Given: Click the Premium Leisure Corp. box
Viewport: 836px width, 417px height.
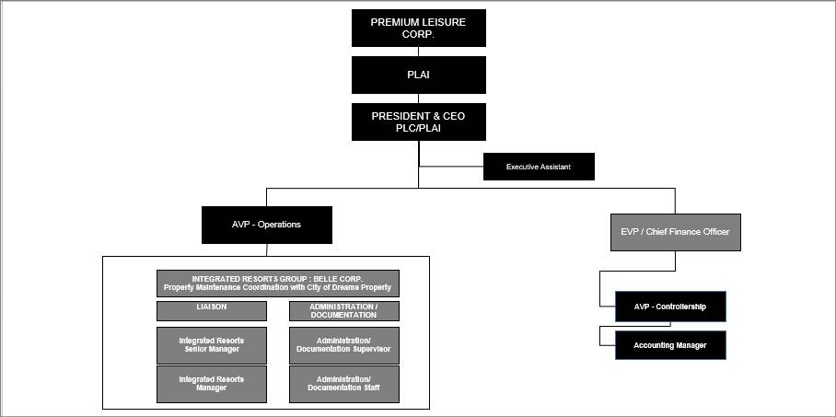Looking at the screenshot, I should [x=418, y=28].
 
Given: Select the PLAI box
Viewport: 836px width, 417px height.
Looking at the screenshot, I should [x=418, y=75].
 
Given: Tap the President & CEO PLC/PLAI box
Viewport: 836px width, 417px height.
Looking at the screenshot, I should [x=418, y=122].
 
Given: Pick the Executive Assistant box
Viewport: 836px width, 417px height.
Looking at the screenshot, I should [x=539, y=167].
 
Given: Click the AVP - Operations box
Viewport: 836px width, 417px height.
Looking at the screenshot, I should [x=266, y=225].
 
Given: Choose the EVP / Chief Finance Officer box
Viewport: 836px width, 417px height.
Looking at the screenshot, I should [x=675, y=232].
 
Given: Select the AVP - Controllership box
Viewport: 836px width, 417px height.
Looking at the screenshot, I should [x=670, y=307].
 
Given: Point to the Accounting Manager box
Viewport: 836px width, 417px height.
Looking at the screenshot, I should [x=670, y=345].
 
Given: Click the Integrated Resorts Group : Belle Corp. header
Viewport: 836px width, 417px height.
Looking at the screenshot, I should [x=277, y=283].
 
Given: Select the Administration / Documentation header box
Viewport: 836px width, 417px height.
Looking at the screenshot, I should [x=343, y=310].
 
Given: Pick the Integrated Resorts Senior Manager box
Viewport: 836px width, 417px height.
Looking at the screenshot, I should [x=212, y=345].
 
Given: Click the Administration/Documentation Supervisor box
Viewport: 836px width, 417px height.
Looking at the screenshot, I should [x=343, y=345].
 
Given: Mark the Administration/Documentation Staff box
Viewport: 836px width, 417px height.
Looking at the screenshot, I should [x=343, y=384].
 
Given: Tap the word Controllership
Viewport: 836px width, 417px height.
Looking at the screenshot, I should [x=682, y=307].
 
